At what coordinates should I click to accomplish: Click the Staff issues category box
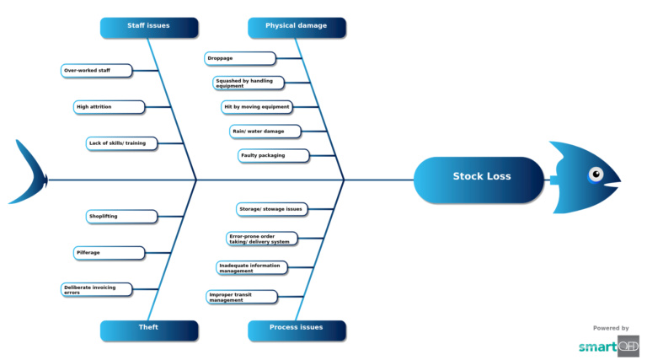[149, 27]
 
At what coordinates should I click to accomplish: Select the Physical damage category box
[297, 27]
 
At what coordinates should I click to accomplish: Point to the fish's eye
[596, 175]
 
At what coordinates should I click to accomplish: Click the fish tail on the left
[28, 174]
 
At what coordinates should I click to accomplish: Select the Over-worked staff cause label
[97, 71]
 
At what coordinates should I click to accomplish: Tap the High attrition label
[109, 107]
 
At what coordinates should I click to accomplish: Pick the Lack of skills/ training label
[121, 143]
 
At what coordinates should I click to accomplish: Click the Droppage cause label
[239, 58]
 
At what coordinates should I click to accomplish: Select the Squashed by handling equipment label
[249, 83]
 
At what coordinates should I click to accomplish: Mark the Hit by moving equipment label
[257, 107]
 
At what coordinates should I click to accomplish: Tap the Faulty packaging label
[273, 156]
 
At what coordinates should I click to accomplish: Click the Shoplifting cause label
[121, 217]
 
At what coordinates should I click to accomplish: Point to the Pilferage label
[109, 253]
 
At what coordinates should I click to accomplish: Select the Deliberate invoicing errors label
[97, 289]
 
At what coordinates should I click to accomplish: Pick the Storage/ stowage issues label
[270, 208]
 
